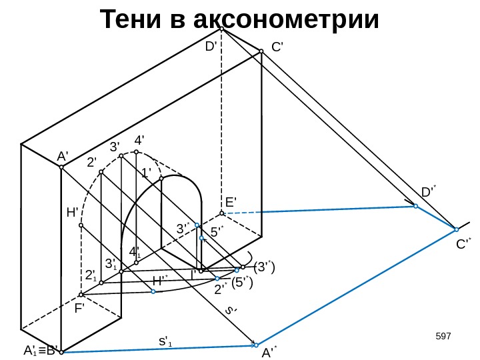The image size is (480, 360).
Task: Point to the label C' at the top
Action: (278, 48)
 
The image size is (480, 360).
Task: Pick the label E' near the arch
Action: (231, 201)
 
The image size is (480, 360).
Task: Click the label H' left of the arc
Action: (73, 213)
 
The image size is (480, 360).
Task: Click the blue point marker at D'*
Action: (415, 207)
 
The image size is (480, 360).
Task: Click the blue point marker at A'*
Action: (255, 345)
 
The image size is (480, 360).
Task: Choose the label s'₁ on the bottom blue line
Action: (165, 341)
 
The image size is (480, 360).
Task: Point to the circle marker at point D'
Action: (222, 29)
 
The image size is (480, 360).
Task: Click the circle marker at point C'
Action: (261, 50)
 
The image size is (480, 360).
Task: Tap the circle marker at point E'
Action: (222, 213)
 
